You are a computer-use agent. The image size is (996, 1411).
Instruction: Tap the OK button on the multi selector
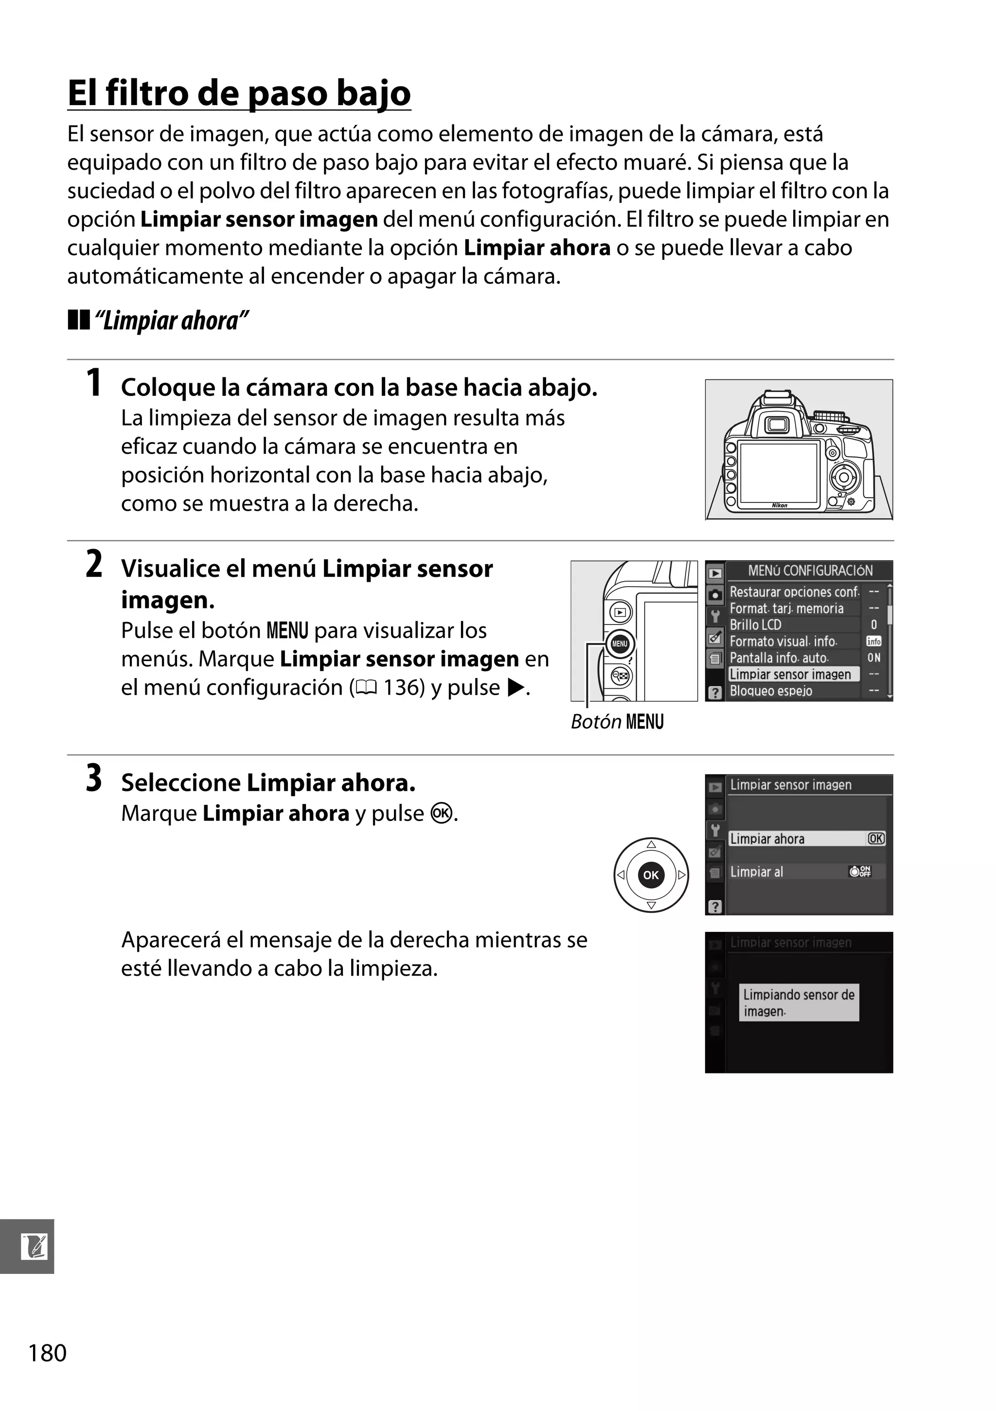651,875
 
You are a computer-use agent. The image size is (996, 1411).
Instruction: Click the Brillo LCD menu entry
755,625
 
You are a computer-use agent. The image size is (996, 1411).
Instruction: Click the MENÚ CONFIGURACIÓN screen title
810,571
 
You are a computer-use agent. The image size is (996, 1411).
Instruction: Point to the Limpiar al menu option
757,872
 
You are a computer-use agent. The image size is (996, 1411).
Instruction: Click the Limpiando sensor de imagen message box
798,1002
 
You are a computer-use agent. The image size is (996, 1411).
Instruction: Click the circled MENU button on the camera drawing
620,643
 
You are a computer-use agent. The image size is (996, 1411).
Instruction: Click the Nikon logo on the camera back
779,505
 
